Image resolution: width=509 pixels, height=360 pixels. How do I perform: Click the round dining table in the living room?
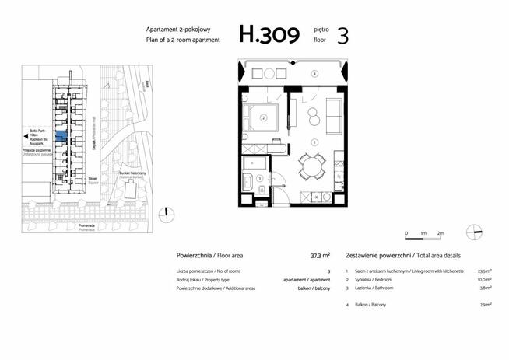[313, 164]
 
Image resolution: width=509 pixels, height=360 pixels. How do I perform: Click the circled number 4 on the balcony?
[314, 73]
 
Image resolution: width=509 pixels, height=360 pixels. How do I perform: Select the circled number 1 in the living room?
[314, 142]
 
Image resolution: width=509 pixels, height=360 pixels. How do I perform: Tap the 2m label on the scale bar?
[441, 233]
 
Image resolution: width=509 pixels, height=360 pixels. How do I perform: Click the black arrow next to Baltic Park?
[26, 135]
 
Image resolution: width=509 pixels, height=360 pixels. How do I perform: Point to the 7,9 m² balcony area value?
[486, 305]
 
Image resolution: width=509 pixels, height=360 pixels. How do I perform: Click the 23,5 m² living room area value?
[484, 271]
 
